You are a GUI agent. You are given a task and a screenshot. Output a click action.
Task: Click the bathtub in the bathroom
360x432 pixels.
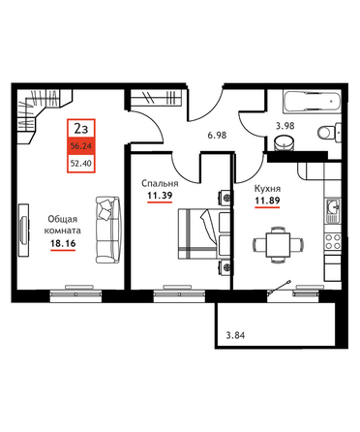click(312, 102)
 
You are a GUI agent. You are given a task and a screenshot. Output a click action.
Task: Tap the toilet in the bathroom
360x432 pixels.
click(329, 132)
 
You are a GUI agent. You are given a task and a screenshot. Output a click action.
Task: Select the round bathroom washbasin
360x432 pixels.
click(285, 142)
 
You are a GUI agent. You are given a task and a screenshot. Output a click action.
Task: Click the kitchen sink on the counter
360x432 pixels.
click(333, 211)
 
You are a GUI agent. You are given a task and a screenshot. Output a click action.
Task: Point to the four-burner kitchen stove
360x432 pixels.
click(333, 241)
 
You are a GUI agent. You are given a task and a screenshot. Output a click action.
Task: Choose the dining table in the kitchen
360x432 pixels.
click(278, 244)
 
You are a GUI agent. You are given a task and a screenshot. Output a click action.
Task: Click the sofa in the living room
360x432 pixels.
click(107, 230)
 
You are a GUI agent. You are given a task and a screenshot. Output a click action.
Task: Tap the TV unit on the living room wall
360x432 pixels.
click(23, 230)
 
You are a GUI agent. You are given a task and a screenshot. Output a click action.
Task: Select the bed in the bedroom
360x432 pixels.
click(204, 233)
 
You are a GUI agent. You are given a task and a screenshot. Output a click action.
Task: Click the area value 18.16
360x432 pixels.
click(63, 243)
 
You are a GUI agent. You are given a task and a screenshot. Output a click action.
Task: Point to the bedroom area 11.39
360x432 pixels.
click(160, 196)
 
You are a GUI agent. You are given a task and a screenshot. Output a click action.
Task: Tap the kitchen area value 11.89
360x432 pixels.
click(267, 201)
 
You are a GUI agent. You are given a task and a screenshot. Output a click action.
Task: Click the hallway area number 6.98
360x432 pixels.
click(217, 135)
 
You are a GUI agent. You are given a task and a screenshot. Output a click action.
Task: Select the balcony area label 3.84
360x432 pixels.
click(235, 335)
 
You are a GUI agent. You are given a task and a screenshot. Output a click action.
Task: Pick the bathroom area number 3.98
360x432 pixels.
click(285, 126)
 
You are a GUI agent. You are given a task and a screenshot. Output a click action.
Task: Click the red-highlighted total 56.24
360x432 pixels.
click(81, 146)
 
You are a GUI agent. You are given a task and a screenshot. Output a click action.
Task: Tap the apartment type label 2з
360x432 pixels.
click(81, 129)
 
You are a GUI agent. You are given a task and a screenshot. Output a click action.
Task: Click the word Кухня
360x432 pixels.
click(267, 188)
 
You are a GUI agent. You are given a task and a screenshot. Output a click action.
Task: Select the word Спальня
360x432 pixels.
click(160, 183)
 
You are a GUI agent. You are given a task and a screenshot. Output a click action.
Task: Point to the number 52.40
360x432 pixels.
click(81, 164)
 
